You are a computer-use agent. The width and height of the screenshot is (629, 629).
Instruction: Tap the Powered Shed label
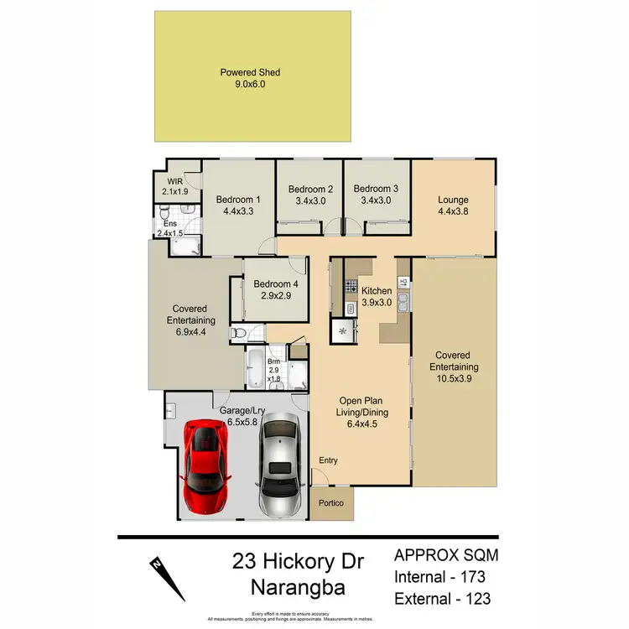point(250,73)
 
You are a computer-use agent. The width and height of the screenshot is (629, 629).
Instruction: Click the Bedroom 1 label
point(238,200)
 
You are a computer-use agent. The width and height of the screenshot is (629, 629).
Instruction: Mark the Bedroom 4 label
point(276,283)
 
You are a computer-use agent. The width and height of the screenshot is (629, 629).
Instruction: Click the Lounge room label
point(453,200)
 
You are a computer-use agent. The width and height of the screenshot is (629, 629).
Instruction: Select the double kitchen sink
point(403,300)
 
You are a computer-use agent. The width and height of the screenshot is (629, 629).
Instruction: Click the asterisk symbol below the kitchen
point(343,330)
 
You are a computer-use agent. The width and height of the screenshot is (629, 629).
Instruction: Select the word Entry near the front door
point(329,461)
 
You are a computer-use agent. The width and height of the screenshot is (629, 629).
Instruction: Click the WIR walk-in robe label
point(174,180)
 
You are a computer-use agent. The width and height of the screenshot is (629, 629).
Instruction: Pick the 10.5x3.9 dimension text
point(454,377)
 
